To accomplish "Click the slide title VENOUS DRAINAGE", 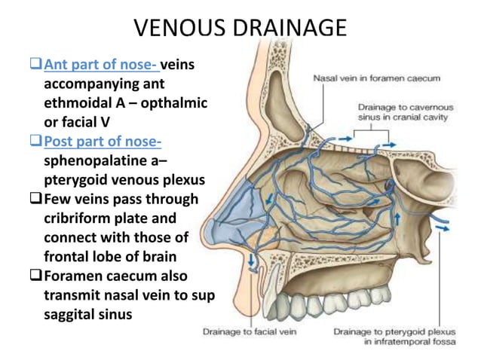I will (x=240, y=28).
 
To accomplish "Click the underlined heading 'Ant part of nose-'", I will (x=101, y=65).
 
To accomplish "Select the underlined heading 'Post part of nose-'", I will (x=103, y=142).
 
